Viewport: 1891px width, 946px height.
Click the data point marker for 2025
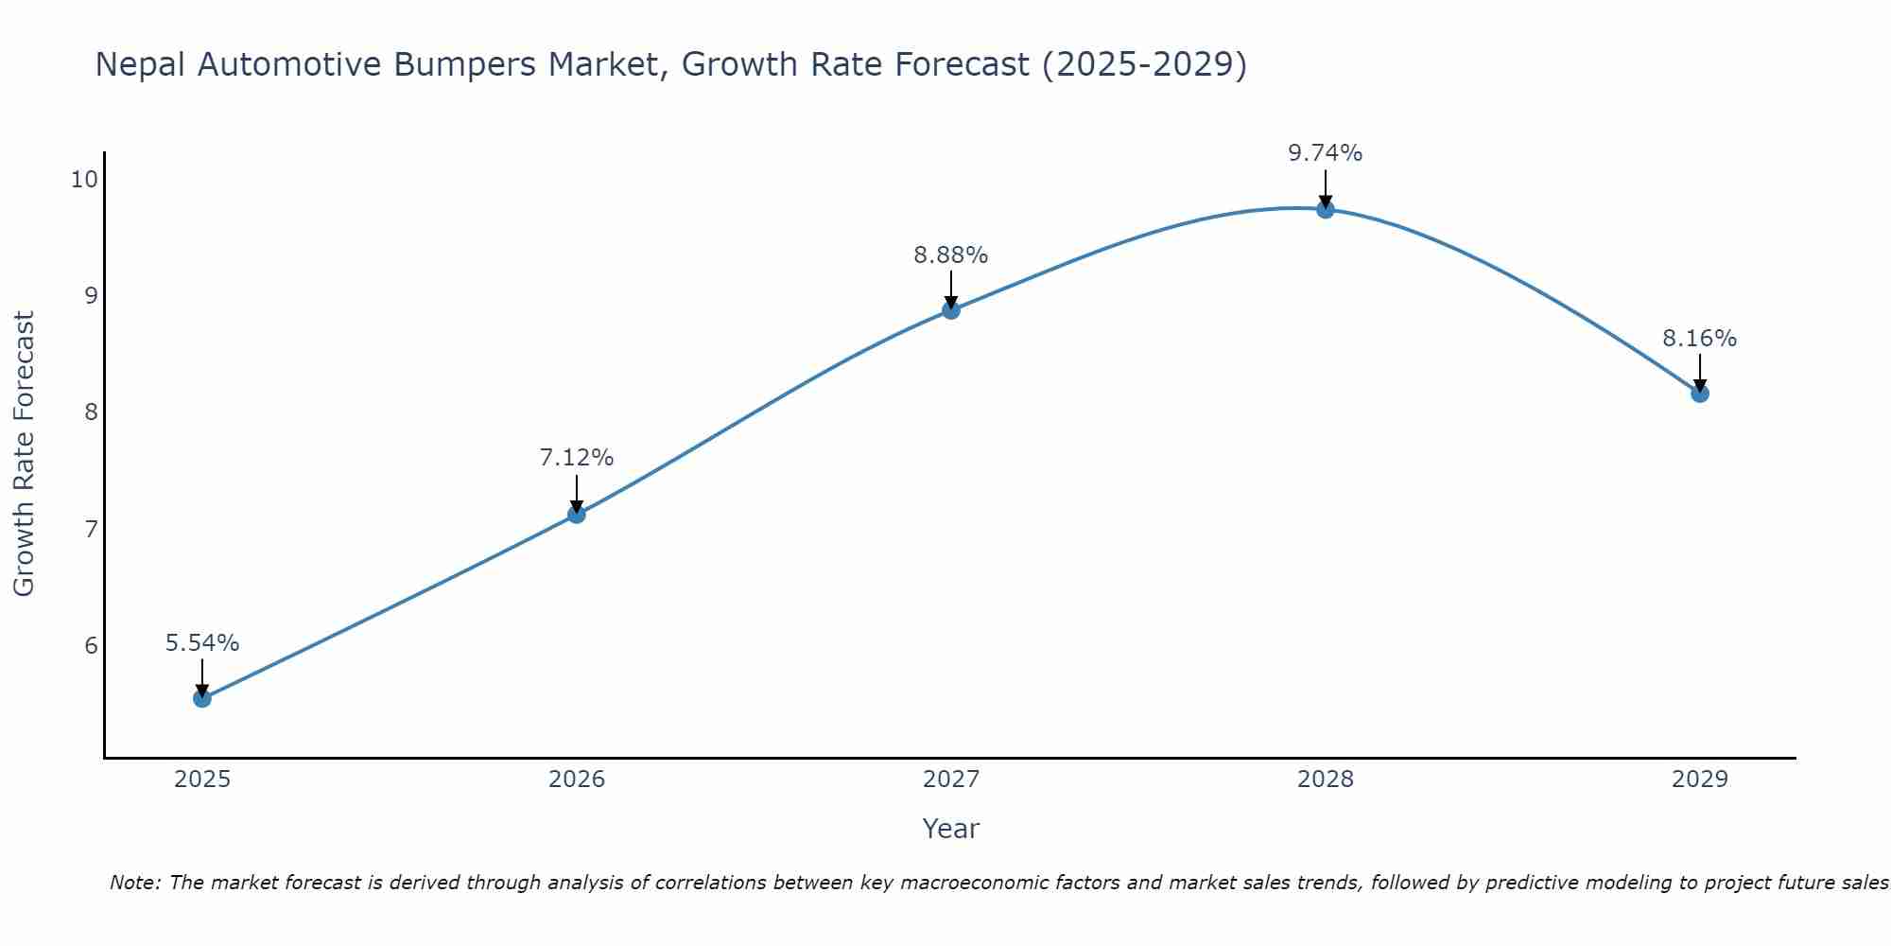tap(202, 698)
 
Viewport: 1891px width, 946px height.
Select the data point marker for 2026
tap(577, 514)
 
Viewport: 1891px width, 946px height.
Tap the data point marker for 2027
tap(951, 309)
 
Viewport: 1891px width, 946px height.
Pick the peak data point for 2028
tap(1326, 209)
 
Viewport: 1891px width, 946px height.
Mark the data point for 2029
tap(1700, 393)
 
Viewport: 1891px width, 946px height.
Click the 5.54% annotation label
tap(202, 643)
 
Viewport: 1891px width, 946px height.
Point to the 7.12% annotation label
tap(577, 458)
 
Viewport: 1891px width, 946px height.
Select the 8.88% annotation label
tap(951, 255)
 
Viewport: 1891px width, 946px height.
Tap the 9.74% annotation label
tap(1326, 153)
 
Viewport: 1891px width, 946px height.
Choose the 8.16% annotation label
tap(1700, 339)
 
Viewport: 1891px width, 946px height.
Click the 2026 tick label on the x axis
tap(577, 780)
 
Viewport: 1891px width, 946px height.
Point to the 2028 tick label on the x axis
tap(1326, 780)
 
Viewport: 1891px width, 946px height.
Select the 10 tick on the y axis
tap(84, 179)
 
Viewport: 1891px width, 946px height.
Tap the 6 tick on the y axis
tap(91, 645)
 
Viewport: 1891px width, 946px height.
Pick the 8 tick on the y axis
tap(91, 412)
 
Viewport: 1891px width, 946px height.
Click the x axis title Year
tap(951, 829)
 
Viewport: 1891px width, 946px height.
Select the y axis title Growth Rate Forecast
tap(25, 454)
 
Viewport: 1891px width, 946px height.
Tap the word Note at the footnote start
tap(135, 883)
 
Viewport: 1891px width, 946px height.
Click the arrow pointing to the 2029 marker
tap(1700, 373)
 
